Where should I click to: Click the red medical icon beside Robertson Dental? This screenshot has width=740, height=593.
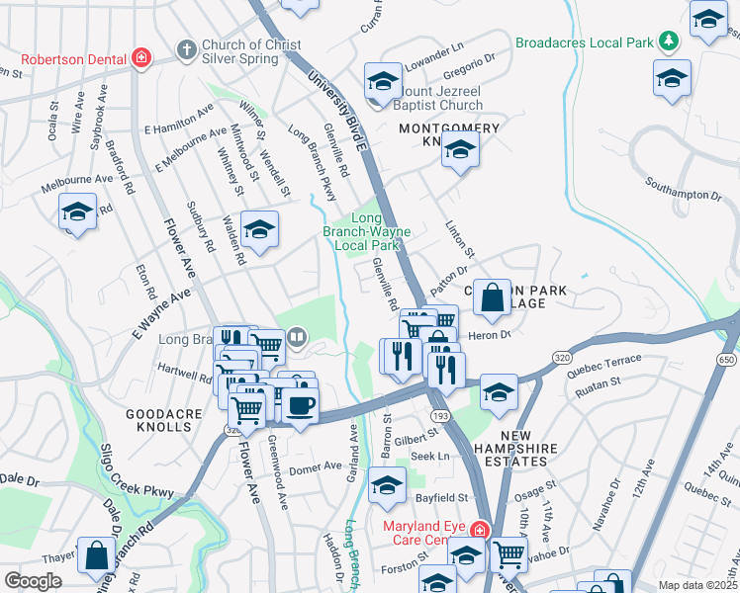point(142,57)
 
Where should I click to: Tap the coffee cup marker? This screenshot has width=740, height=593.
point(301,404)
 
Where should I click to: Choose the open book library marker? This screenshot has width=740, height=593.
point(296,341)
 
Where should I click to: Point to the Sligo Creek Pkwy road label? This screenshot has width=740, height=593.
point(135,484)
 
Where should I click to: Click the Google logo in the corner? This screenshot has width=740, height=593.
point(33,581)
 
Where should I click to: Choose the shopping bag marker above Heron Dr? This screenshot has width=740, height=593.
point(492,296)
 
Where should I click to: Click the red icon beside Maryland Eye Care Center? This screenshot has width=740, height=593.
point(480,530)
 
